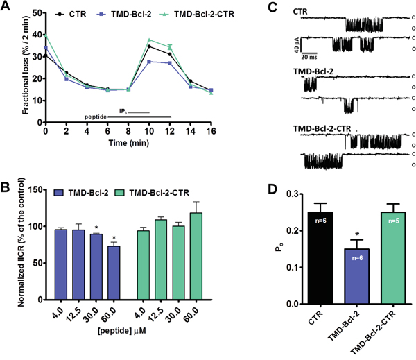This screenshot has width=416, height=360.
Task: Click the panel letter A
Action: tap(8, 8)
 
